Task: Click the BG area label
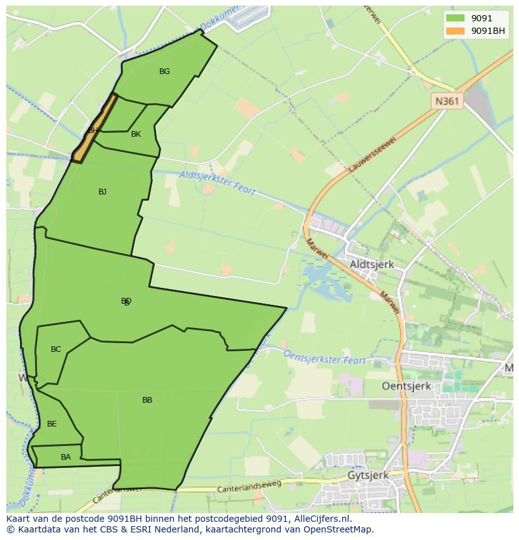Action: click(164, 71)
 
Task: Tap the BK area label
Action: click(136, 134)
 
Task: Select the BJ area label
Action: click(102, 192)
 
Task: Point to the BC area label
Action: click(56, 349)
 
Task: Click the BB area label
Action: click(147, 400)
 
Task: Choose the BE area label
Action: click(52, 424)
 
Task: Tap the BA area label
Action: click(66, 457)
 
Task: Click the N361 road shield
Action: click(448, 100)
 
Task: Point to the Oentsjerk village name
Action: click(406, 386)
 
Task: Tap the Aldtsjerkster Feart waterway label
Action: click(217, 183)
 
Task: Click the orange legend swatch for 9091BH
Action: click(456, 31)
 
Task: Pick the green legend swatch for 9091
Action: click(456, 19)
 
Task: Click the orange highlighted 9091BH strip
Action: click(95, 129)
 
